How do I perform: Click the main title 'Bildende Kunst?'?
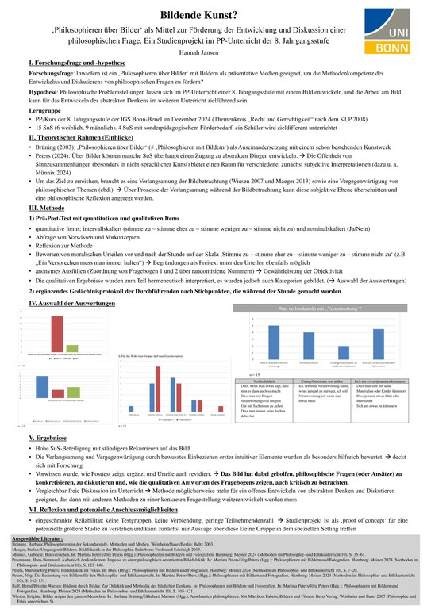(x=214, y=14)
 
